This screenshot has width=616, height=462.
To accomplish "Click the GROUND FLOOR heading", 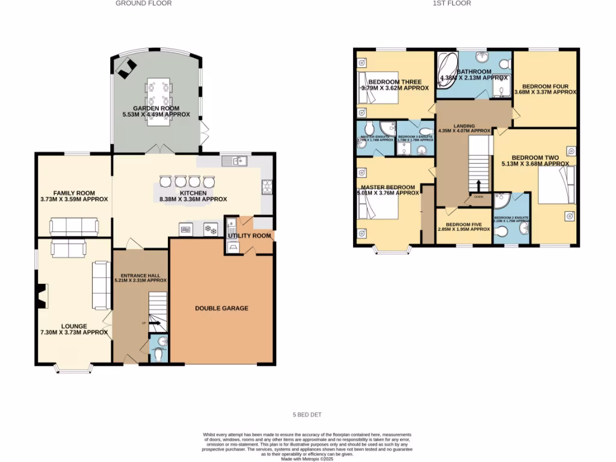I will [144, 4].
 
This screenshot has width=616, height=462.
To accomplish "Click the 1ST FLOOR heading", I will [451, 4].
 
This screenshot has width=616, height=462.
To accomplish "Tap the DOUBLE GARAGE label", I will [221, 309].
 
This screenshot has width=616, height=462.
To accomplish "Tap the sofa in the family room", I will [74, 227].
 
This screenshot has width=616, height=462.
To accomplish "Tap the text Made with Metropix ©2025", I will [307, 459].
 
